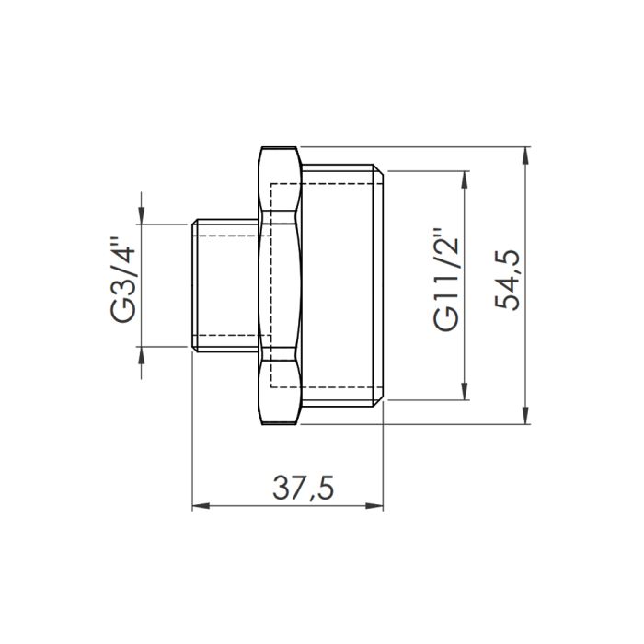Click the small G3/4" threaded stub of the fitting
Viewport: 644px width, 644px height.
pyautogui.click(x=225, y=285)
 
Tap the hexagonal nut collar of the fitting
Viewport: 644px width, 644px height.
pyautogui.click(x=281, y=285)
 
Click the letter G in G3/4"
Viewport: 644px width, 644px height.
pyautogui.click(x=123, y=313)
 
